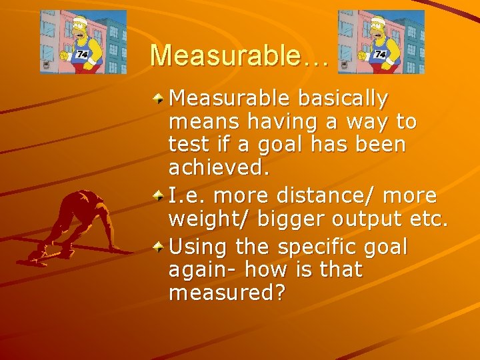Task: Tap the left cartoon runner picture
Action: click(x=83, y=41)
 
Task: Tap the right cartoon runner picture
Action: click(x=381, y=41)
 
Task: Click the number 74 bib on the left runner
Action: click(x=83, y=54)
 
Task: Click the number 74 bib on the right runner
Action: click(x=381, y=54)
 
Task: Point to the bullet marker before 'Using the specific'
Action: click(x=159, y=247)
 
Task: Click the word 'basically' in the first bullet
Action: click(x=344, y=99)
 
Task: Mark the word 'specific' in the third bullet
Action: click(x=319, y=247)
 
